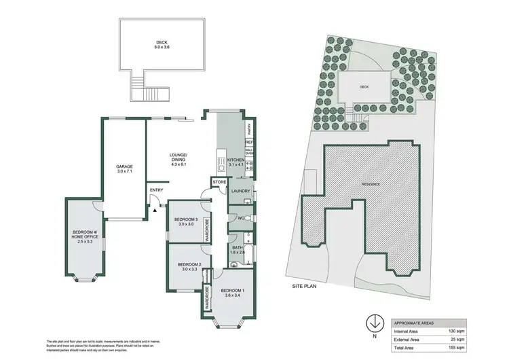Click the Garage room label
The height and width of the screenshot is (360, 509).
[124, 169]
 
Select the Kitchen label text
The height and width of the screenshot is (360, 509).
[235, 161]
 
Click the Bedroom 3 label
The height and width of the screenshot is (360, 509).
[185, 221]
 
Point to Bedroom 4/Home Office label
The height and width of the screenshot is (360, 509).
[86, 236]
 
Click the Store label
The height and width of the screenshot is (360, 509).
[219, 182]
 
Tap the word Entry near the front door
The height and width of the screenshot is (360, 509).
[156, 190]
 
